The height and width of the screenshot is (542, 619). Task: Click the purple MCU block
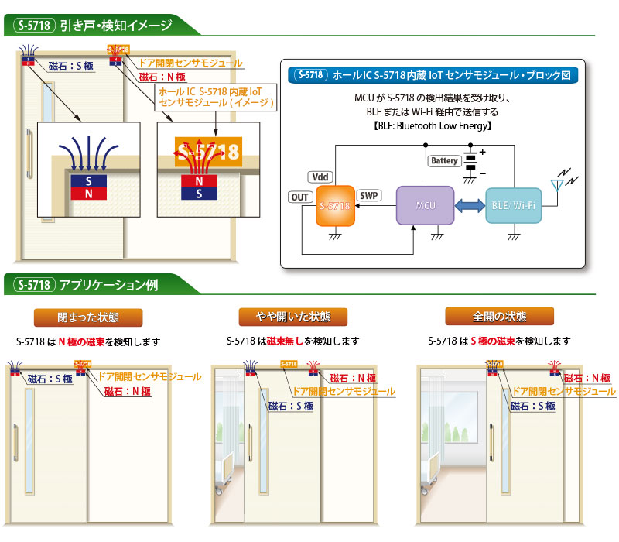tap(422, 205)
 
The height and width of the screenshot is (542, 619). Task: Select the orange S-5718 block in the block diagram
tap(335, 205)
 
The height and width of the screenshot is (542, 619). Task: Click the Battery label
tap(444, 161)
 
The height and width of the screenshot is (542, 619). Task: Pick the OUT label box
tap(300, 197)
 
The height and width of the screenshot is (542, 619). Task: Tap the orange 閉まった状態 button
tap(88, 317)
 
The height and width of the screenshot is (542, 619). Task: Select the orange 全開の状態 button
tap(500, 317)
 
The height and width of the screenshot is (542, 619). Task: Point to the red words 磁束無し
tap(286, 341)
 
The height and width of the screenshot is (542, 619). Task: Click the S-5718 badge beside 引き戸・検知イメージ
tap(32, 25)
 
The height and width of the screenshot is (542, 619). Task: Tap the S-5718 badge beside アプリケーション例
tap(32, 284)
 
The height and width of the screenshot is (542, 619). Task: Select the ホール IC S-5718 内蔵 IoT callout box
tap(216, 97)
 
